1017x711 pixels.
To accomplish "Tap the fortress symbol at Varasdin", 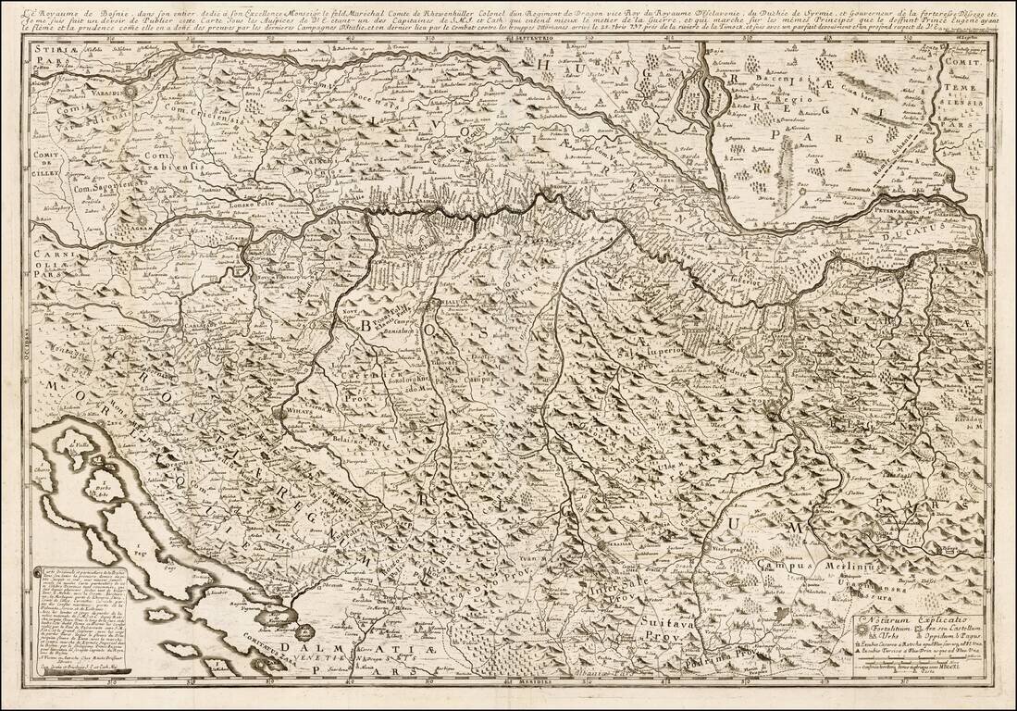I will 130,92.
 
